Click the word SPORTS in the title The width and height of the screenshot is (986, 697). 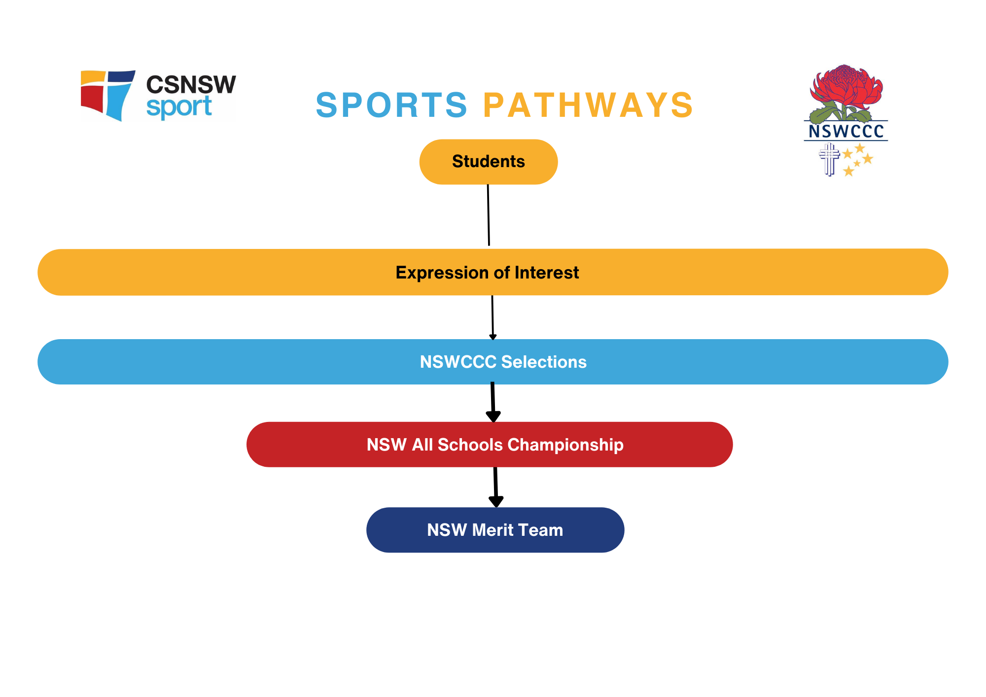pyautogui.click(x=391, y=105)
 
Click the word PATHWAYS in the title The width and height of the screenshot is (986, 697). pyautogui.click(x=588, y=105)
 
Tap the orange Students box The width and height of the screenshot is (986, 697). pyautogui.click(x=488, y=162)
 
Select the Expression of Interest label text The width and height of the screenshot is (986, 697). pyautogui.click(x=487, y=273)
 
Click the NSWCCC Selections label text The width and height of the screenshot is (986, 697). pyautogui.click(x=503, y=362)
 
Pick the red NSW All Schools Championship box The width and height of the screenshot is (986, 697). pyautogui.click(x=489, y=445)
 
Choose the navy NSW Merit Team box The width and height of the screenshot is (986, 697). pyautogui.click(x=495, y=530)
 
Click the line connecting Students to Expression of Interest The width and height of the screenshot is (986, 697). pyautogui.click(x=489, y=215)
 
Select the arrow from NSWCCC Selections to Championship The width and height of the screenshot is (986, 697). pyautogui.click(x=493, y=402)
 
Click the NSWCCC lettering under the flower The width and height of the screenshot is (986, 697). pyautogui.click(x=846, y=131)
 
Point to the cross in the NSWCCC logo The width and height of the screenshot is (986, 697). pyautogui.click(x=829, y=159)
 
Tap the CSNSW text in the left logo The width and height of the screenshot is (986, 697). pyautogui.click(x=191, y=85)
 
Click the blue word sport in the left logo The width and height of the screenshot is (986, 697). pyautogui.click(x=179, y=107)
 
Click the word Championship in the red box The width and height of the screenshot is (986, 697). pyautogui.click(x=565, y=445)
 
